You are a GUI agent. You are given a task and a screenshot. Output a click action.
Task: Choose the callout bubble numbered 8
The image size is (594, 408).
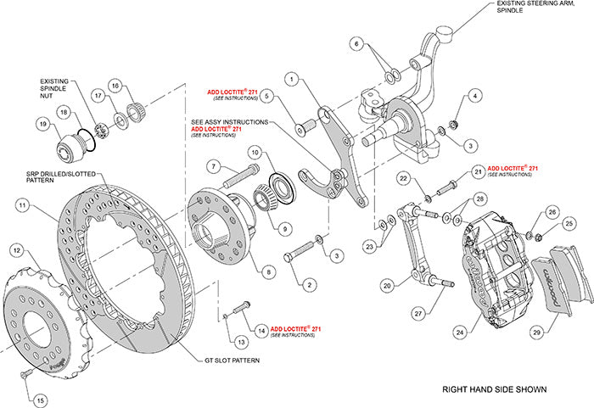268,272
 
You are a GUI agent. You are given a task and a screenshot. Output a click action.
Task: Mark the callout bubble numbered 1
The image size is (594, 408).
292,79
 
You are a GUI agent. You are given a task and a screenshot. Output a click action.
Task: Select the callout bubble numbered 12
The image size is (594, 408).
16,249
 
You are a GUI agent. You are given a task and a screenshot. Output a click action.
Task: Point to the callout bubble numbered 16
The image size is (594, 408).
116,85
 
